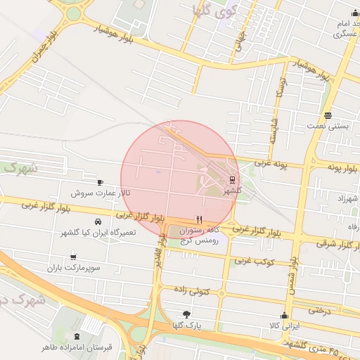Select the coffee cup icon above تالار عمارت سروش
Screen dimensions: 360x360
100,181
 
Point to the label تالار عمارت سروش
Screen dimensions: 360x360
100,192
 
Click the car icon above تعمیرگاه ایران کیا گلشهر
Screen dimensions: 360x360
107,221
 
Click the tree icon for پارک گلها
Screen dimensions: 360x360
186,314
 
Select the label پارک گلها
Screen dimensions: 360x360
186,326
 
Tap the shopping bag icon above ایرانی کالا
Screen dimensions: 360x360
285,315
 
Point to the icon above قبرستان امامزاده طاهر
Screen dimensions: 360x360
77,337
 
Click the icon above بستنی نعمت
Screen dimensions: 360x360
328,116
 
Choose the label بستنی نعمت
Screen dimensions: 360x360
327,127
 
